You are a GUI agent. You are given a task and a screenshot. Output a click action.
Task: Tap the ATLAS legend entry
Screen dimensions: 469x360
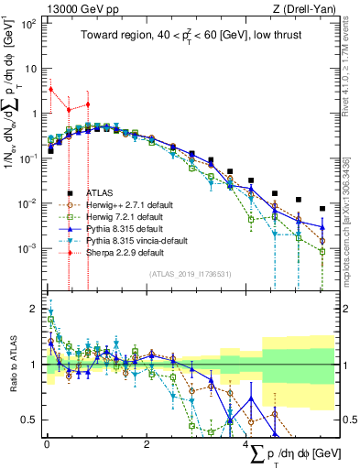tap(101, 192)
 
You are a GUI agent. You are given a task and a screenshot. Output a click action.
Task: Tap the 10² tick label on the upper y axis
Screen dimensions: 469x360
tap(27, 23)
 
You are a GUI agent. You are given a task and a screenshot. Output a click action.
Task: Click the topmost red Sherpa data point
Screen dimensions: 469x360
tap(51, 90)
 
